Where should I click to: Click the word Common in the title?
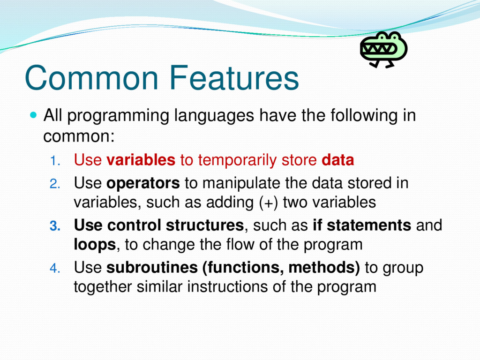pos(92,78)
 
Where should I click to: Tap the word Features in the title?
pos(234,78)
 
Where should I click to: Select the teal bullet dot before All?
pos(33,115)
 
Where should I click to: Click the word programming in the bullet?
pos(118,116)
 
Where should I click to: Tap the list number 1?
pos(55,161)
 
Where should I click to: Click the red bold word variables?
pos(141,160)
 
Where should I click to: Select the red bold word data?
pos(338,160)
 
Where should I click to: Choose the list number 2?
pos(55,184)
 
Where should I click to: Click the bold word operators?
pos(143,184)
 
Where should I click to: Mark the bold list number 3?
pos(55,226)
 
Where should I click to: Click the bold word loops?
pos(95,245)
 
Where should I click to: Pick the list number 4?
pos(55,268)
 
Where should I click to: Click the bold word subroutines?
pos(152,267)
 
